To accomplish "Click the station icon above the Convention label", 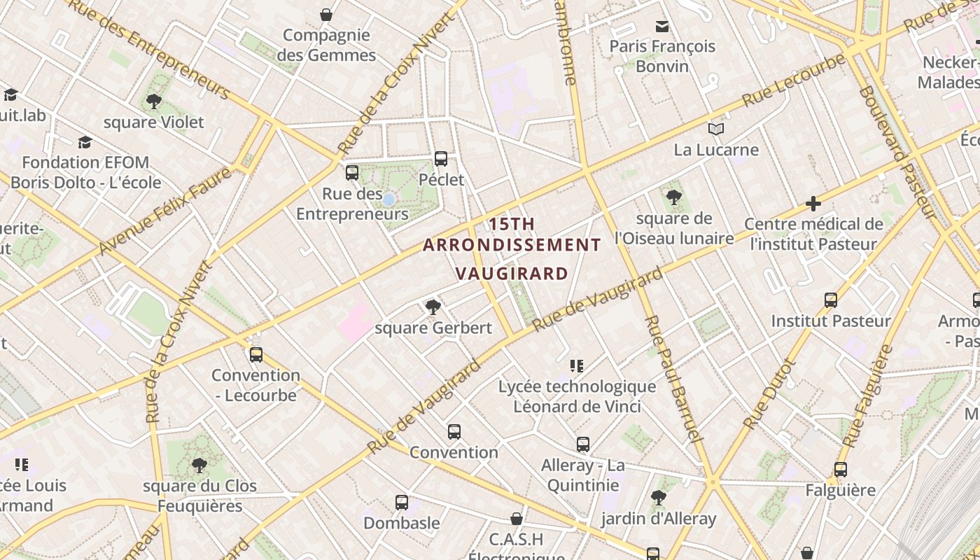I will coord(454,431).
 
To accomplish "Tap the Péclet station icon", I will coord(441,159).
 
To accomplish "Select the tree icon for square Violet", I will coord(154,101).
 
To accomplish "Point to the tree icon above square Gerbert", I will coord(433,307).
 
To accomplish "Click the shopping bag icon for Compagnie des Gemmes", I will coord(326,14).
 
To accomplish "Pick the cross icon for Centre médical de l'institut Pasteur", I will coord(813,204).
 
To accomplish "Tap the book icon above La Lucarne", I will coord(715,129).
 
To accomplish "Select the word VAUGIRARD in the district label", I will coord(512,273).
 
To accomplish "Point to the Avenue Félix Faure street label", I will coord(165,211).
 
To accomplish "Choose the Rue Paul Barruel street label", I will coord(673,379).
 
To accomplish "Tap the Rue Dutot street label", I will coord(770,394).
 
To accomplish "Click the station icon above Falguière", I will coord(841,469).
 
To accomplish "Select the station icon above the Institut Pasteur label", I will coord(831,300).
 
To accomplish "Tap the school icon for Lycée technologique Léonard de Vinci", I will coord(577,365).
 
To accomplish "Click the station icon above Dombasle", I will coord(402,502).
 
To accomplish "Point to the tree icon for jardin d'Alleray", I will coord(658,498).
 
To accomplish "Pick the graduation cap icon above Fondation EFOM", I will coord(85,142).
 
